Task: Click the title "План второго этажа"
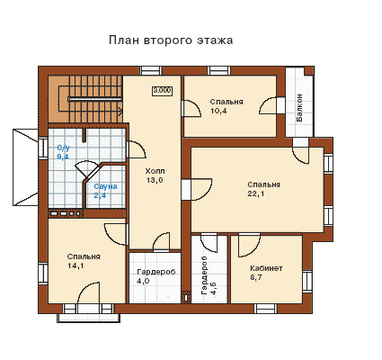pyautogui.click(x=171, y=40)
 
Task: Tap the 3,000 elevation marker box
pyautogui.click(x=163, y=91)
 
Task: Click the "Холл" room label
pyautogui.click(x=155, y=171)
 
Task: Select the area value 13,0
pyautogui.click(x=155, y=181)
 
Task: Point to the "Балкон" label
pyautogui.click(x=299, y=108)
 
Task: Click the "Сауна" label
pyautogui.click(x=105, y=186)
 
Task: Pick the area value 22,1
pyautogui.click(x=256, y=193)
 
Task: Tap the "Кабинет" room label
pyautogui.click(x=266, y=268)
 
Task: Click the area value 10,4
pyautogui.click(x=218, y=111)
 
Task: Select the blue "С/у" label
pyautogui.click(x=63, y=148)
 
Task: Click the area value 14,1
pyautogui.click(x=76, y=266)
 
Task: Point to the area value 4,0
pyautogui.click(x=143, y=281)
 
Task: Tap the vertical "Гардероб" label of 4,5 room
pyautogui.click(x=205, y=275)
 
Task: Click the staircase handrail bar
pyautogui.click(x=95, y=99)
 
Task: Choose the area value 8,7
pyautogui.click(x=256, y=277)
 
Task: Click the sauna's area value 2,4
pyautogui.click(x=100, y=196)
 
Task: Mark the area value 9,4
pyautogui.click(x=63, y=157)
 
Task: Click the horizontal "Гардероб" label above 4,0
pyautogui.click(x=156, y=272)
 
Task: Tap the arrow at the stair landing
pyautogui.click(x=120, y=111)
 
